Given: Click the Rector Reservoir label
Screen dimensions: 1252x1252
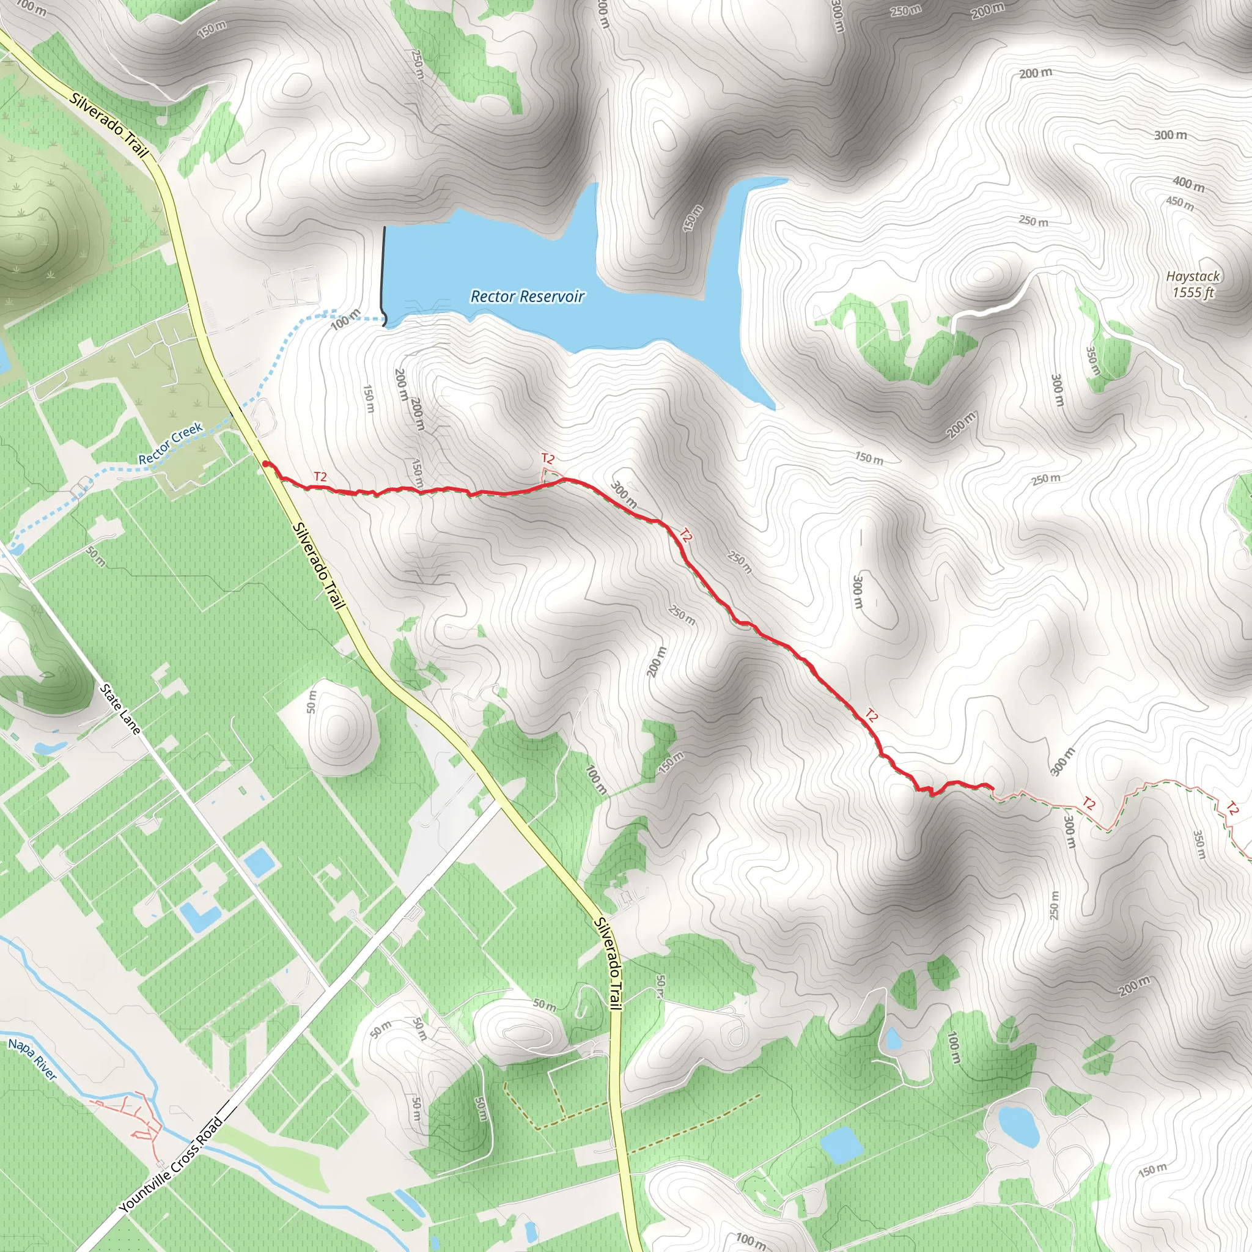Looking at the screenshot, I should pyautogui.click(x=527, y=296).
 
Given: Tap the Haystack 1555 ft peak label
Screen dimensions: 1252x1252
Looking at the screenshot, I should pyautogui.click(x=1192, y=284).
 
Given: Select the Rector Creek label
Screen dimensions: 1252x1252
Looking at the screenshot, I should pyautogui.click(x=171, y=444).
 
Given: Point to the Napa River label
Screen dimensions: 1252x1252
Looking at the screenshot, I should pyautogui.click(x=32, y=1059).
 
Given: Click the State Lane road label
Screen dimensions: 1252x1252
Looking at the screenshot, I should pyautogui.click(x=120, y=709).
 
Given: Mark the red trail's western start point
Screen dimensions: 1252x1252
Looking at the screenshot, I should pyautogui.click(x=266, y=464).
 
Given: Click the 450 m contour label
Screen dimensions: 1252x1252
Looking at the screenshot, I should pyautogui.click(x=1179, y=204).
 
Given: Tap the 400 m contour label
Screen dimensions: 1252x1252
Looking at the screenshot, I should pyautogui.click(x=1188, y=184).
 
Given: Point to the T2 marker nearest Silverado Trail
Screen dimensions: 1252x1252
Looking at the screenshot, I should pyautogui.click(x=320, y=476).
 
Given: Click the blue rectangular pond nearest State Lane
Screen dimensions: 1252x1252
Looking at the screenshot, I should pyautogui.click(x=259, y=862).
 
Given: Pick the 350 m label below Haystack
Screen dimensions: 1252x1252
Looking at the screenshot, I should pyautogui.click(x=1092, y=360).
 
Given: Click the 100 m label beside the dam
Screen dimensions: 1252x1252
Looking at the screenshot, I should pyautogui.click(x=345, y=319).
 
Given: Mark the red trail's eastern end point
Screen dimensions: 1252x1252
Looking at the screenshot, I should pyautogui.click(x=992, y=788).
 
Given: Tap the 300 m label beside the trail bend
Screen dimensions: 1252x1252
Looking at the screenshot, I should pyautogui.click(x=624, y=495).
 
